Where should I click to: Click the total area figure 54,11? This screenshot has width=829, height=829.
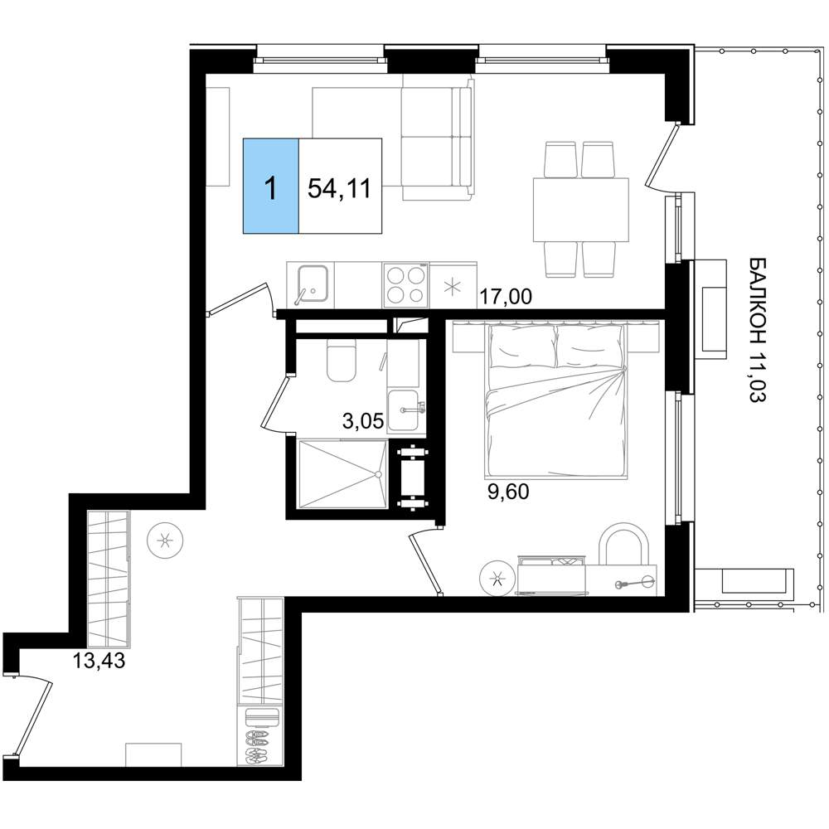point(339,188)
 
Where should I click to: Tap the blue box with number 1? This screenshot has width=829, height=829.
point(271,186)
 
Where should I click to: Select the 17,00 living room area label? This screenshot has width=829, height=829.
point(506,297)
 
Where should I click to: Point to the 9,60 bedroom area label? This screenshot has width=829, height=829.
point(507,492)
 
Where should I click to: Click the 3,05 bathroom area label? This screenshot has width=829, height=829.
point(364,422)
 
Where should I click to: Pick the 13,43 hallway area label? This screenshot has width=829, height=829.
point(99,661)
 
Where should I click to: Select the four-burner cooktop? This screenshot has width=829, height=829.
point(406,284)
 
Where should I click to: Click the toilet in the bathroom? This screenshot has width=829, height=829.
point(342,360)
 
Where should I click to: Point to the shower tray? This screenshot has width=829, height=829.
point(342,474)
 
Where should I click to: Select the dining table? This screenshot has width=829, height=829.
point(580,210)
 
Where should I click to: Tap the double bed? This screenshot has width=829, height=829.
point(556,400)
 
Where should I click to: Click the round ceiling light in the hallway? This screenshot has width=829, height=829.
point(166,541)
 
